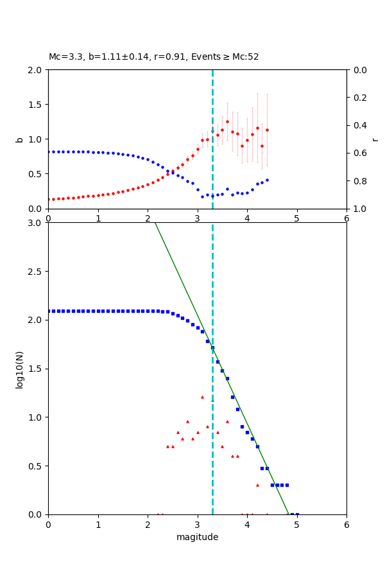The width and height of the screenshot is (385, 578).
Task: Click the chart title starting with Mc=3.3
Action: click(x=154, y=57)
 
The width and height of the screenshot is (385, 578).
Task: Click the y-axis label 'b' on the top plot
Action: click(x=19, y=139)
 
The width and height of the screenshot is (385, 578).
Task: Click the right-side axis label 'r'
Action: click(x=375, y=139)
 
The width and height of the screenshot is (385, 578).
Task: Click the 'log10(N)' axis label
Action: click(x=19, y=369)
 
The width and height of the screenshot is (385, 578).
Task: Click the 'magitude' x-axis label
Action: click(x=197, y=537)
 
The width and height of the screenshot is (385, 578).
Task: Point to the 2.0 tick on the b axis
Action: click(x=35, y=70)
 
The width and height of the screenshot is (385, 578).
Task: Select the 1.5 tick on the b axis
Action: click(x=35, y=105)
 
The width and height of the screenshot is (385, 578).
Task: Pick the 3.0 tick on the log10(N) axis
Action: click(x=35, y=223)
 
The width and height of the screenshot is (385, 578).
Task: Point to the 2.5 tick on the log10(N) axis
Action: click(x=35, y=272)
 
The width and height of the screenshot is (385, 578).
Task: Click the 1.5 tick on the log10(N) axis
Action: click(x=35, y=369)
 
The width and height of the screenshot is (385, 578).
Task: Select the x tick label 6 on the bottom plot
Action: click(x=346, y=525)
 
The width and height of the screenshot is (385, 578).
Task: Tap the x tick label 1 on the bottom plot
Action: click(x=98, y=525)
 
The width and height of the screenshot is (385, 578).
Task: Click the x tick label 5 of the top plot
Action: click(x=296, y=218)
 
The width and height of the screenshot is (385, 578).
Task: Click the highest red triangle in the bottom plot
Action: click(x=202, y=397)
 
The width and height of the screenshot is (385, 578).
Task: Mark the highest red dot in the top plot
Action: click(x=227, y=121)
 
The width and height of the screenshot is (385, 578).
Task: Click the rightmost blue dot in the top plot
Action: click(x=267, y=180)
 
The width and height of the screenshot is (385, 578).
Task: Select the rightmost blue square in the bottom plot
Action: click(x=296, y=514)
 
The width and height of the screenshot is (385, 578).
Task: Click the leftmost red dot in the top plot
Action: click(x=49, y=199)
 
